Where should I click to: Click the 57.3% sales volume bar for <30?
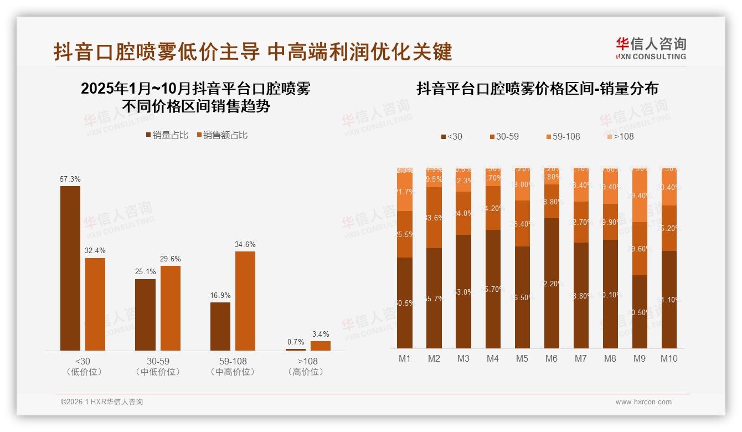(70, 268)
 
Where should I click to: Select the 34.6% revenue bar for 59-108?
(245, 301)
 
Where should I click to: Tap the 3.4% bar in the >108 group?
(320, 346)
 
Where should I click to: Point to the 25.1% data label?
(145, 271)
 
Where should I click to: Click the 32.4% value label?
(95, 250)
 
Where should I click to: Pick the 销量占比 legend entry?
(167, 135)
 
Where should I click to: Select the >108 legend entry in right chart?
(620, 136)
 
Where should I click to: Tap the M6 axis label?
(551, 358)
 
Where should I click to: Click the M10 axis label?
(668, 358)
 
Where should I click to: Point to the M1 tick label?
(405, 358)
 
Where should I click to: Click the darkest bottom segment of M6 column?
(551, 283)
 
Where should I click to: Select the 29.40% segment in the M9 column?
(640, 196)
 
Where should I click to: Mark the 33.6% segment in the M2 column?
(434, 218)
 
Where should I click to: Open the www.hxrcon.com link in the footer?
(643, 402)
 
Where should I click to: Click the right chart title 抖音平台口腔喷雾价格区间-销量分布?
(537, 89)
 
